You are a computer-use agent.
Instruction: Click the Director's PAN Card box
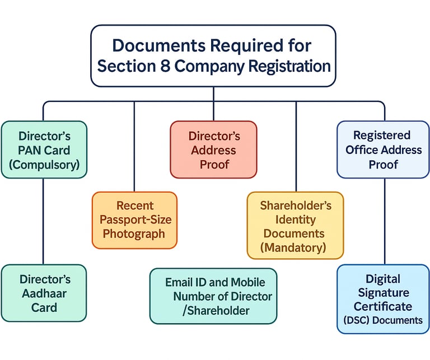[x=44, y=149]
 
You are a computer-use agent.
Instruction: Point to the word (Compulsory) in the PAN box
[x=45, y=165]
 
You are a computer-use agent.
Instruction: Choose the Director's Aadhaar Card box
[x=44, y=293]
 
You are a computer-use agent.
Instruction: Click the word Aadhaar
[x=44, y=293]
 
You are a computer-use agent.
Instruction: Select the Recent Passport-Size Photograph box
[x=134, y=219]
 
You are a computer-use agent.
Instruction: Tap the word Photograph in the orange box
[x=134, y=233]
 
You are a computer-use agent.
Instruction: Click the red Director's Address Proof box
[x=213, y=149]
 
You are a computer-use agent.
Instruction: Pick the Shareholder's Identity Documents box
[x=295, y=226]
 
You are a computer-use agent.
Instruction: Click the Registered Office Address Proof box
[x=383, y=149]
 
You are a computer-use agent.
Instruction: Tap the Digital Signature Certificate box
[x=383, y=299]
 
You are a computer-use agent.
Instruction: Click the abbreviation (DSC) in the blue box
[x=356, y=320]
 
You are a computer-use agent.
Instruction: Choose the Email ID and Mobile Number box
[x=213, y=296]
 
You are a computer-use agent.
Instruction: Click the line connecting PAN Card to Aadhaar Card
[x=44, y=221]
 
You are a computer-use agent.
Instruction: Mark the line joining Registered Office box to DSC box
[x=384, y=221]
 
